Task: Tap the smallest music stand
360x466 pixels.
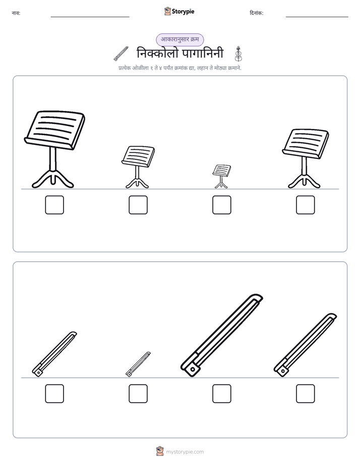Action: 221,176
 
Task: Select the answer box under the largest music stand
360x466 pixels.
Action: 54,205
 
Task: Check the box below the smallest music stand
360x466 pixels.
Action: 221,205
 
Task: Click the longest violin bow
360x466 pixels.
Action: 221,336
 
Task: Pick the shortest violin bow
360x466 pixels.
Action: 138,364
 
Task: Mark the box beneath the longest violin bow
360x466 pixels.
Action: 221,393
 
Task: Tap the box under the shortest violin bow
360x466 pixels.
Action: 138,393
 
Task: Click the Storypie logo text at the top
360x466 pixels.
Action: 183,12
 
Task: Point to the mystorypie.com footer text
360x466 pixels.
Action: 185,452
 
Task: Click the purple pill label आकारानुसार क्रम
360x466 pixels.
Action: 180,39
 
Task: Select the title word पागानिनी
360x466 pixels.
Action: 203,53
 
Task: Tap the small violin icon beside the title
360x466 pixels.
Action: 238,53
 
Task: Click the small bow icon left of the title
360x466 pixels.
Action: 121,54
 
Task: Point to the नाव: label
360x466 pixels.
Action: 16,13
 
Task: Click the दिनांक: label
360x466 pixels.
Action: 257,13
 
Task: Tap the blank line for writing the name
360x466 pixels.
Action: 90,17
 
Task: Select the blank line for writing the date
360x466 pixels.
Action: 317,17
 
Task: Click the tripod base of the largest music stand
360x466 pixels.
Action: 53,179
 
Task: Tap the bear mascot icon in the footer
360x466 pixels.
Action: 160,451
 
